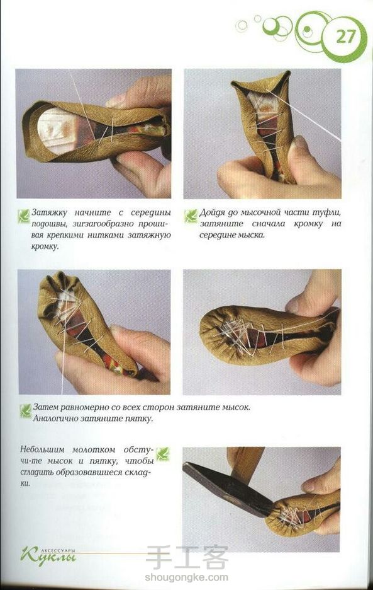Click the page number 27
point(345,37)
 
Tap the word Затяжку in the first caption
point(50,212)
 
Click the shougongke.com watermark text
point(186,577)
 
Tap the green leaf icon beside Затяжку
point(24,216)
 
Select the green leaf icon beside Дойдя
point(191,216)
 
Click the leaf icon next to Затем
point(26,410)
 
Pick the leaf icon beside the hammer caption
point(163,454)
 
